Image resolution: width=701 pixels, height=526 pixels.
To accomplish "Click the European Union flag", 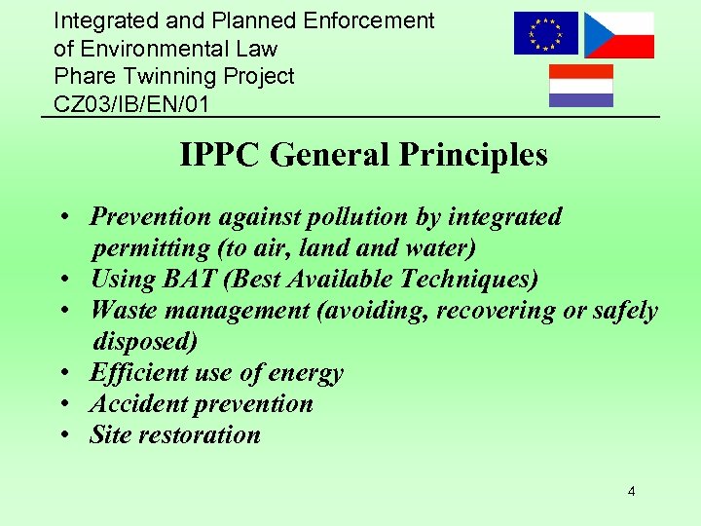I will tap(545, 33).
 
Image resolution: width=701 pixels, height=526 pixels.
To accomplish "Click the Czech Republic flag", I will tap(618, 35).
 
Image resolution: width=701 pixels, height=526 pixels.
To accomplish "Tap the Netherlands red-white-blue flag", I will tap(581, 85).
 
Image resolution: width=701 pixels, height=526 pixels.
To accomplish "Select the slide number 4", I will tap(631, 492).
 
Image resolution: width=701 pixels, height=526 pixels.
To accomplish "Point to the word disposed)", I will tap(145, 341).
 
